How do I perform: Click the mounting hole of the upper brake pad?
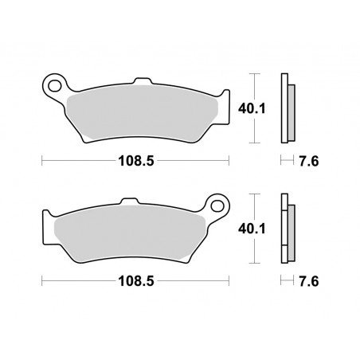[55, 82]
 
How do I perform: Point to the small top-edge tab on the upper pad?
[143, 81]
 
